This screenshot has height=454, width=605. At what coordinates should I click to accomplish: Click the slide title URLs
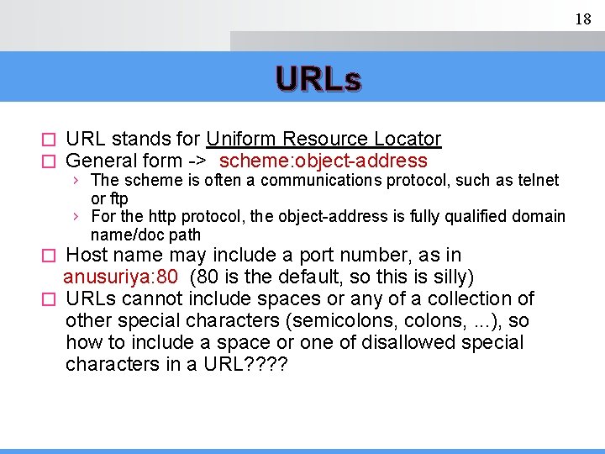[318, 80]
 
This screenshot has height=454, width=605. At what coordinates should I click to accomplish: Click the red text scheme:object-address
[324, 161]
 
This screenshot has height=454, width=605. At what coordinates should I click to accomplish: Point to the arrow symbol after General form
[197, 161]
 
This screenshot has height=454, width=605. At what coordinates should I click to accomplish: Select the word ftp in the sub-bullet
[118, 199]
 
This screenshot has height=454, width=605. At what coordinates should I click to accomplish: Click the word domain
[538, 217]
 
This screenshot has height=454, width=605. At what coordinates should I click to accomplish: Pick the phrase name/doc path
[145, 235]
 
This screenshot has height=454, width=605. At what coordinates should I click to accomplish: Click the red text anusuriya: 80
[120, 277]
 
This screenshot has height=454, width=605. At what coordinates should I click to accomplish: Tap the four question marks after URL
[267, 364]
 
